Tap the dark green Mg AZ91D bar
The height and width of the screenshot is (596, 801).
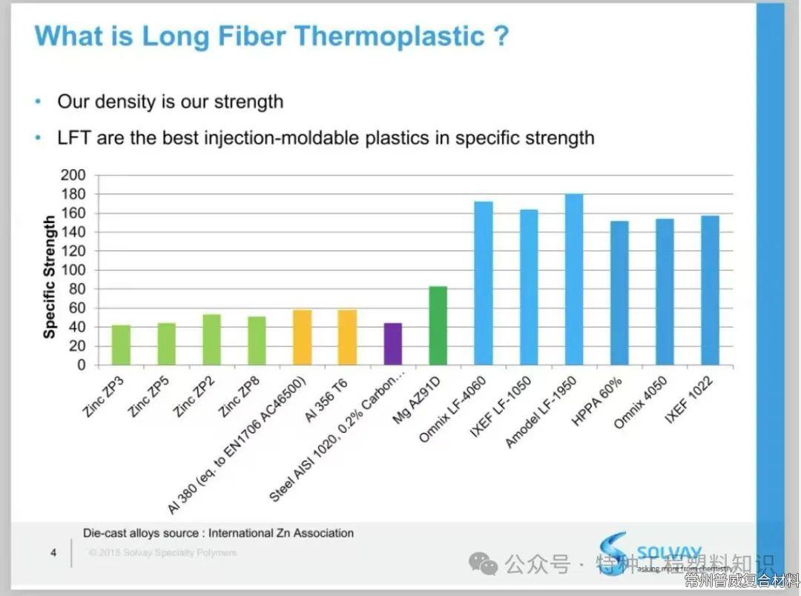point(438,325)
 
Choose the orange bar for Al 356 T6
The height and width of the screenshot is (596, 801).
point(347,337)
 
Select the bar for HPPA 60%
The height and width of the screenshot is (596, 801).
point(619,293)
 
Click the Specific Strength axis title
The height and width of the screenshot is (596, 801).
point(50,277)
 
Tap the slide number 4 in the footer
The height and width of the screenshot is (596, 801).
point(53,552)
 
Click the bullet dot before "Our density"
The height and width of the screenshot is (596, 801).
point(38,101)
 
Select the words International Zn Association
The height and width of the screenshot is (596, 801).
point(280,533)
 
